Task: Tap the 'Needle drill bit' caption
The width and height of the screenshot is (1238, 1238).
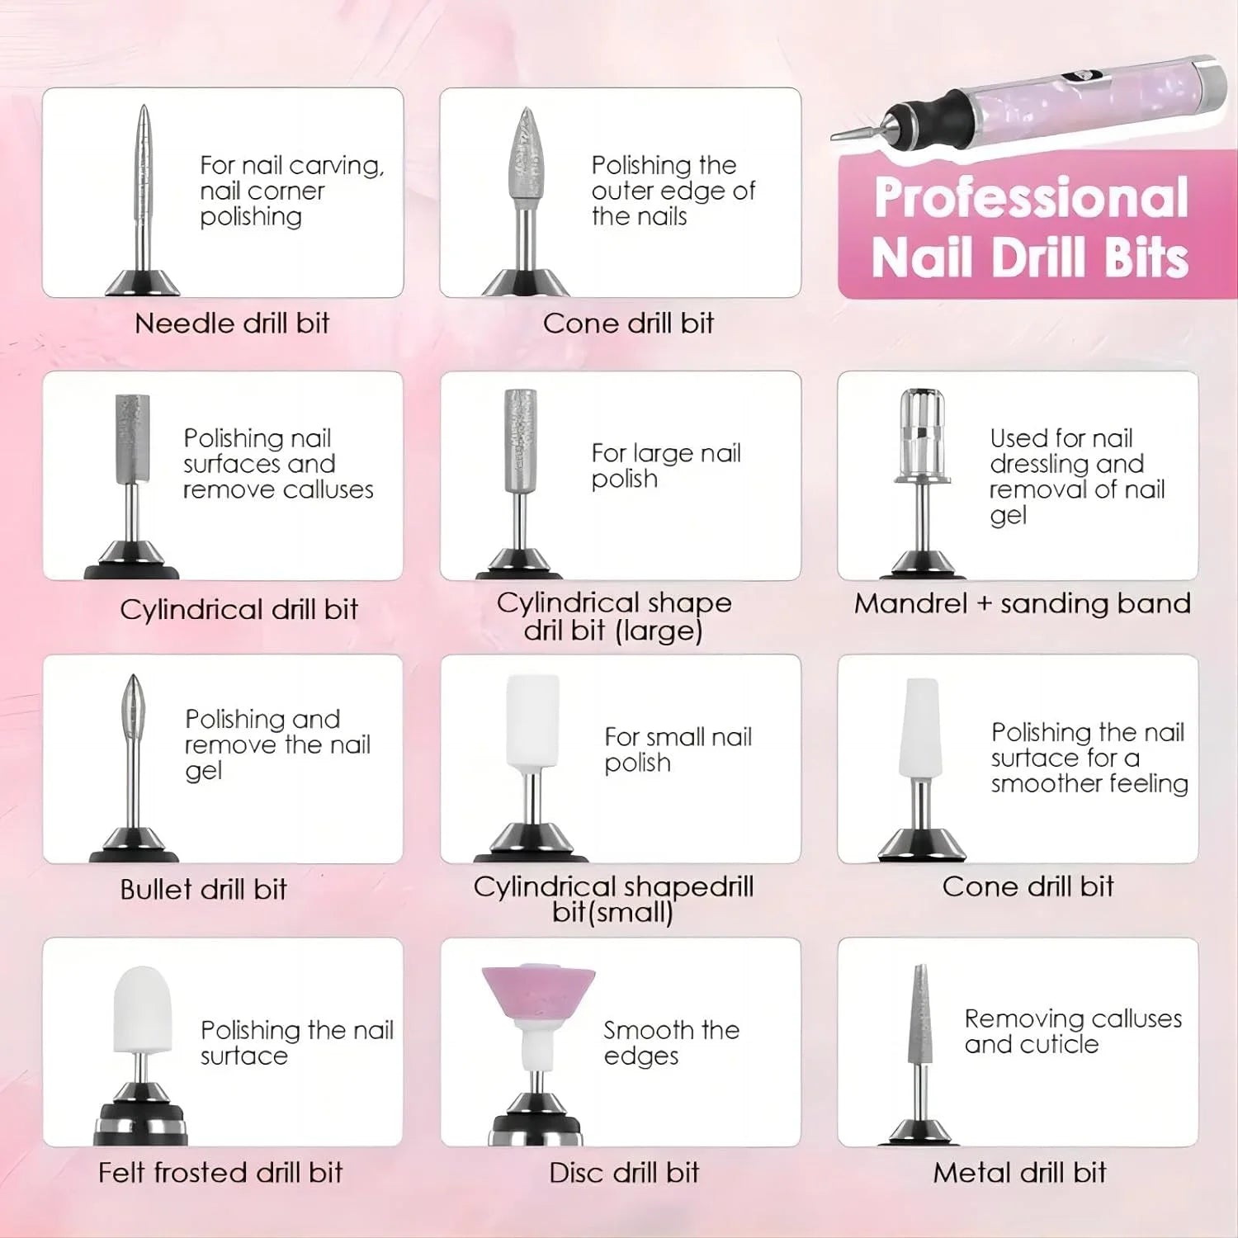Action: pyautogui.click(x=232, y=323)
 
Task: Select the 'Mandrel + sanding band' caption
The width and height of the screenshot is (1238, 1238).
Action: pyautogui.click(x=1022, y=603)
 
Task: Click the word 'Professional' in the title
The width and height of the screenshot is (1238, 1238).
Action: pyautogui.click(x=1031, y=198)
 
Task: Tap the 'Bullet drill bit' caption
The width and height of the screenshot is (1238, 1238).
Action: pyautogui.click(x=203, y=889)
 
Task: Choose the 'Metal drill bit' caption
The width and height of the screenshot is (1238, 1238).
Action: pyautogui.click(x=1019, y=1172)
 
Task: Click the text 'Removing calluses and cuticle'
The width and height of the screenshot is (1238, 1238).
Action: pyautogui.click(x=1073, y=1031)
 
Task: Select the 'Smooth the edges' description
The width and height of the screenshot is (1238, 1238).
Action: pyautogui.click(x=671, y=1042)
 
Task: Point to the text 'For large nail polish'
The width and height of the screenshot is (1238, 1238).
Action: pyautogui.click(x=666, y=465)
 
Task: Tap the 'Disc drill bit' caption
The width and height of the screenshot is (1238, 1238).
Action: pyautogui.click(x=624, y=1172)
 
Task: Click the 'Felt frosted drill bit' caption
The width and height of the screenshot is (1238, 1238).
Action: pyautogui.click(x=220, y=1172)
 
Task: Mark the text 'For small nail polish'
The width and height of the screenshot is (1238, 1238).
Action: pyautogui.click(x=678, y=749)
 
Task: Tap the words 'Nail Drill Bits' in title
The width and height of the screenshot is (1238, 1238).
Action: pyautogui.click(x=1029, y=258)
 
